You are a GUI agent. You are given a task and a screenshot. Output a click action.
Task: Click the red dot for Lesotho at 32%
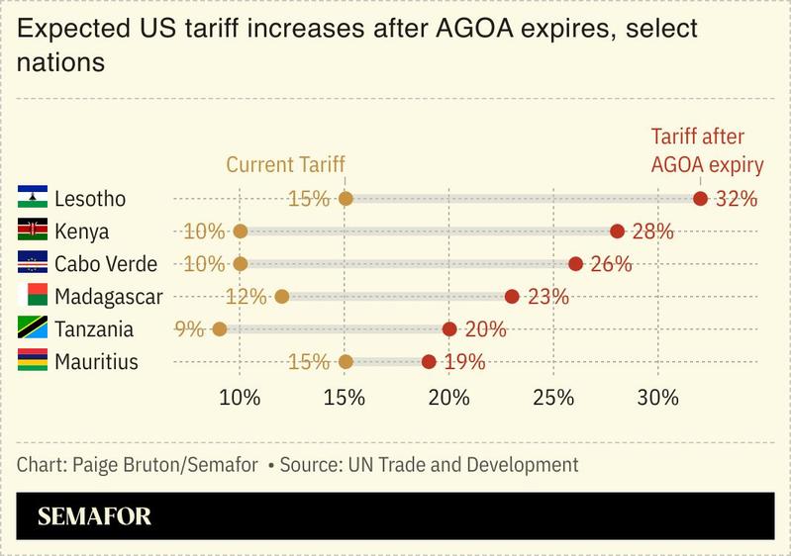tap(700, 199)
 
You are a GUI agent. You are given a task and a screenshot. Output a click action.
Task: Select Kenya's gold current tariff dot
tap(241, 232)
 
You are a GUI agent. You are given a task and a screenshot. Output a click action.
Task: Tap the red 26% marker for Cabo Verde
tap(575, 264)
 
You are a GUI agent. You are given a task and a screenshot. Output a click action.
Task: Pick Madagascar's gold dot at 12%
tap(282, 297)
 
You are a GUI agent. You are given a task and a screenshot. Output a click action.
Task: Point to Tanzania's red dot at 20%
tap(449, 329)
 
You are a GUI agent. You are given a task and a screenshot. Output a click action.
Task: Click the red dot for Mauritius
tap(429, 362)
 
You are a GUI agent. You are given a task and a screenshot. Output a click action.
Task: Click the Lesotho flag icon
tap(33, 198)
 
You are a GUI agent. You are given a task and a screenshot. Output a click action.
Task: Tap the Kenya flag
tap(33, 231)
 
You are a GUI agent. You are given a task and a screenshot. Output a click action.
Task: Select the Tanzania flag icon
tap(33, 328)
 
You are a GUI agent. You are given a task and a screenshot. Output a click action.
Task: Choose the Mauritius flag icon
tap(33, 361)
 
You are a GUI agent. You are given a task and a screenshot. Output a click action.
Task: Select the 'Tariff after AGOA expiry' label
tap(706, 151)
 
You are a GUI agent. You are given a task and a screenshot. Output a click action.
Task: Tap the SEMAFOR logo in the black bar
tap(95, 516)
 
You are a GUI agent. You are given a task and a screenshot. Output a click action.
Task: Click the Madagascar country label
tap(109, 297)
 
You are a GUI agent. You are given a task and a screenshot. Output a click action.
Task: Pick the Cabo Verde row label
tap(106, 264)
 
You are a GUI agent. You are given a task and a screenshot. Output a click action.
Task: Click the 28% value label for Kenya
tap(652, 232)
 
